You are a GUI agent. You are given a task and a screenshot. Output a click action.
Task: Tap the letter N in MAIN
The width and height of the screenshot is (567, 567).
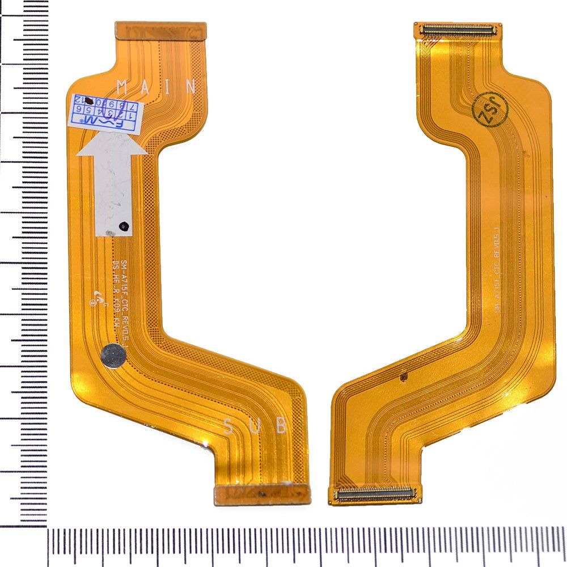(190, 87)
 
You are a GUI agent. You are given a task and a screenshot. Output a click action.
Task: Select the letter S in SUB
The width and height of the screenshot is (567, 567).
(229, 426)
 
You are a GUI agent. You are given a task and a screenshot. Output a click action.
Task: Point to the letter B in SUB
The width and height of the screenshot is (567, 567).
(281, 426)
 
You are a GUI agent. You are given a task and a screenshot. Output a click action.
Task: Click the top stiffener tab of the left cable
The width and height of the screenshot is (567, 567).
(160, 29)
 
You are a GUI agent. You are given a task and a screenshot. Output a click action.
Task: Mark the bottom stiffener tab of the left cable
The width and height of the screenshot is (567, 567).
(263, 494)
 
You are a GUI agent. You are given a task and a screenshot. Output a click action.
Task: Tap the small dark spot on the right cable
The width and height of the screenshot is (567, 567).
(404, 376)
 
